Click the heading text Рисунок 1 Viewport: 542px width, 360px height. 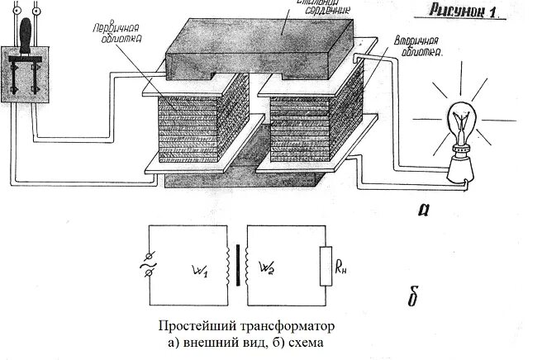475,13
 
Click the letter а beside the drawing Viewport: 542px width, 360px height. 427,208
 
